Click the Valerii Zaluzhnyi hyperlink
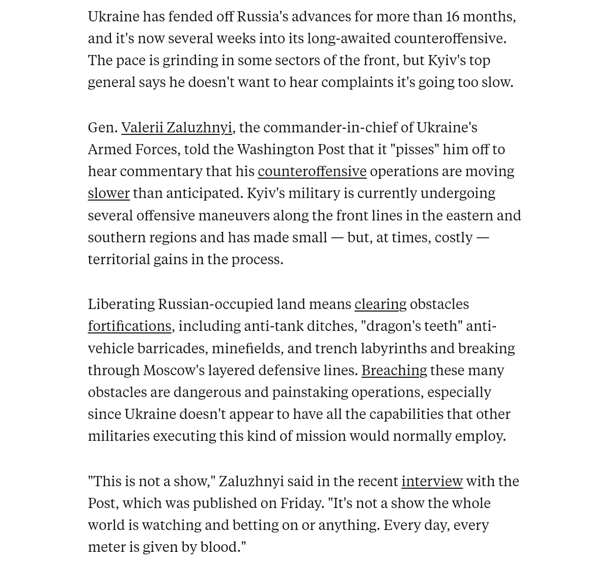176,127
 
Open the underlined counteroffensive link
312,171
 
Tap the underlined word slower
108,193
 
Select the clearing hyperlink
380,304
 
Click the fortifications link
129,326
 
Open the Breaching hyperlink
394,370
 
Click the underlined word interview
432,481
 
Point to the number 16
452,16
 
